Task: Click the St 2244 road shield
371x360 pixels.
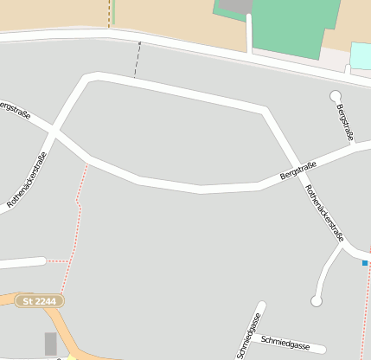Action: pos(40,301)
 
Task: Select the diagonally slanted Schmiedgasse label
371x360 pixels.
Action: pos(248,336)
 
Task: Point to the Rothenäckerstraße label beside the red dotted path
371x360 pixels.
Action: pos(27,179)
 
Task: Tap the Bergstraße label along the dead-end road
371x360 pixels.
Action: pos(345,121)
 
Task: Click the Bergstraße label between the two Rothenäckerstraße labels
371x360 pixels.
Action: pos(298,170)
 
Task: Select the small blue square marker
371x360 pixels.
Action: pos(365,263)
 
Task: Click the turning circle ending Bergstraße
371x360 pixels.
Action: pos(336,96)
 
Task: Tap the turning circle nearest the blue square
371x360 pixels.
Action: pos(317,301)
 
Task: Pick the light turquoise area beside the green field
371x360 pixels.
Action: pos(360,56)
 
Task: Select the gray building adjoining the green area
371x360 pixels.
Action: pos(234,6)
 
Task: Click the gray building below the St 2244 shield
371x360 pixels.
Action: pos(50,344)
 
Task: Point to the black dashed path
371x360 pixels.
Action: pos(137,60)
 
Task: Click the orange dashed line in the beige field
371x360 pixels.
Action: pos(109,12)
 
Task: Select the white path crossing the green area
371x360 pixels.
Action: pos(250,33)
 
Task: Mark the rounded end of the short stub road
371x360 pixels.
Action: pos(41,260)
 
